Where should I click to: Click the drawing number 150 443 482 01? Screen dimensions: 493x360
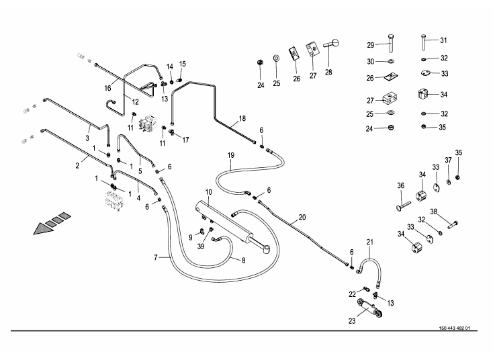[454, 328]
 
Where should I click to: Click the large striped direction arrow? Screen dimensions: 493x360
[52, 223]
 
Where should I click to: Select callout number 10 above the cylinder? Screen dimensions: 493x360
[209, 192]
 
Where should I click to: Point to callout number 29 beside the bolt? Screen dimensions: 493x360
[371, 45]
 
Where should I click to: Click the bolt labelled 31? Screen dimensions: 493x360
[423, 42]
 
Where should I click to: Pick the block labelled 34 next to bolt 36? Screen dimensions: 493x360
[421, 195]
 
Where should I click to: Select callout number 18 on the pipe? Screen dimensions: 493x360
[242, 118]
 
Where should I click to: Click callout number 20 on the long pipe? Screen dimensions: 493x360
[302, 217]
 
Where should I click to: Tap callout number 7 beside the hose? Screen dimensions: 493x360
[156, 257]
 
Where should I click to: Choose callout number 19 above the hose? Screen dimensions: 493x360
[231, 155]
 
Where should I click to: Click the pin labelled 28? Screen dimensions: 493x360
[332, 44]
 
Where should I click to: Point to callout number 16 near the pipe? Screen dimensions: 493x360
[108, 88]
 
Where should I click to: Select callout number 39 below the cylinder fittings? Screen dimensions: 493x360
[201, 246]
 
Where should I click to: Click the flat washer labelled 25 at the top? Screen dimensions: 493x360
[276, 59]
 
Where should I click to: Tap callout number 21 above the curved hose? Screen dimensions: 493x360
[369, 242]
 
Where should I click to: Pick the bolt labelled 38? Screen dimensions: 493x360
[453, 224]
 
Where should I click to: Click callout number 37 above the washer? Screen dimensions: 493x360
[448, 160]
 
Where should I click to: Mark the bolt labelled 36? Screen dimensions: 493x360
[404, 206]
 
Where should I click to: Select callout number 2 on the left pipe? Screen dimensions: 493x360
[77, 165]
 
